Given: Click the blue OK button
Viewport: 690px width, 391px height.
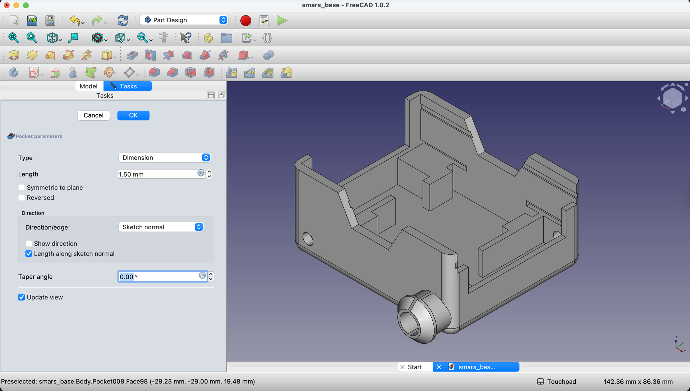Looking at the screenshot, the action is [133, 115].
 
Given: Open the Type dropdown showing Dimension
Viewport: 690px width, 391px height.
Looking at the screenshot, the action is [164, 157].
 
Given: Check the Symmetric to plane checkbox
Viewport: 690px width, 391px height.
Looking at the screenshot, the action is [22, 188].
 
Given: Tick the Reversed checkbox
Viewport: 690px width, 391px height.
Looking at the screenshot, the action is [22, 198].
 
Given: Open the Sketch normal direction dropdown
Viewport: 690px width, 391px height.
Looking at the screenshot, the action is [161, 227].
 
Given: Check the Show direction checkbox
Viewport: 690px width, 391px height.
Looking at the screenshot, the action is [29, 244].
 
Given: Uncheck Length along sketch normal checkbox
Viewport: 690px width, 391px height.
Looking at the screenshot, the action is [29, 254].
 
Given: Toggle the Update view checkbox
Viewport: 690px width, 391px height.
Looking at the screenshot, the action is [22, 297].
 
